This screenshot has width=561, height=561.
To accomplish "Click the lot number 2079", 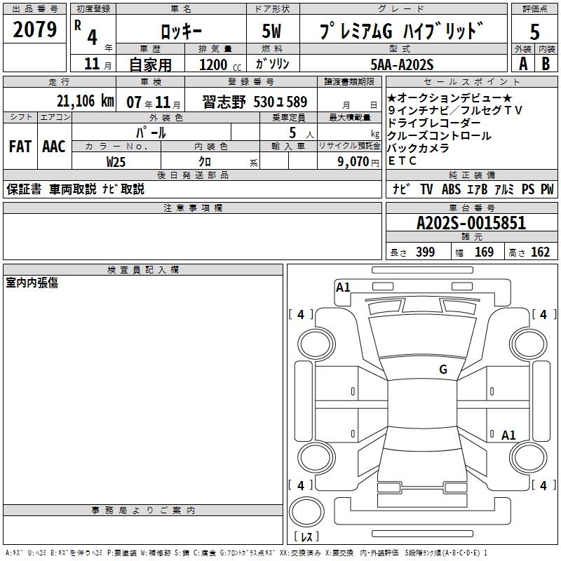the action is coord(34,29).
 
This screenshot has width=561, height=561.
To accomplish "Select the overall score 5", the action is coord(534,32).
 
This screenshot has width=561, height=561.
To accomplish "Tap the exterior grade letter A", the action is coord(523,64).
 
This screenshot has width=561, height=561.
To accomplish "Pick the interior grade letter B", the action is coord(546,64).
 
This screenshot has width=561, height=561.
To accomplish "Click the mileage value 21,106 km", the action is coord(85,101).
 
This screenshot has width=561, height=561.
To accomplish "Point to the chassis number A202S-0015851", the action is coord(471,223).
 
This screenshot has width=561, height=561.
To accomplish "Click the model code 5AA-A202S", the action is coord(402,65).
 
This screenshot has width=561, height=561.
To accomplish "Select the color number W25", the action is coord(116,162).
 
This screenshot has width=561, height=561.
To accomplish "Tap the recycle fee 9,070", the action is coord(353,162).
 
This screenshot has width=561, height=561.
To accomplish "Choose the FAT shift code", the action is coord(20,147).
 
